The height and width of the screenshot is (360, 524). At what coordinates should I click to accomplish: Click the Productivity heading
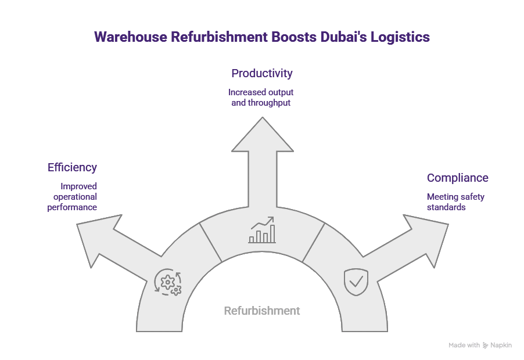click(261, 73)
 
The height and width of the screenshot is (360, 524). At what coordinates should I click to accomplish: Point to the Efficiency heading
click(72, 167)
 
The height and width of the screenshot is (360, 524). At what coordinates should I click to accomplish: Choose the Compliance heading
click(457, 178)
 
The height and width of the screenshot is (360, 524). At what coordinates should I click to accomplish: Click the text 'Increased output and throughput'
click(261, 98)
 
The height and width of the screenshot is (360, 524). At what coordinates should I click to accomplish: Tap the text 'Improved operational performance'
click(73, 197)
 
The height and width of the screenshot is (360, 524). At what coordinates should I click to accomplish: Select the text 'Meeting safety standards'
click(455, 202)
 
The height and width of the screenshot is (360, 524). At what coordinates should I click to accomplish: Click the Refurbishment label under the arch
click(262, 311)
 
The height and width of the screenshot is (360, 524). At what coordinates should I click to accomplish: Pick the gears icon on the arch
click(168, 283)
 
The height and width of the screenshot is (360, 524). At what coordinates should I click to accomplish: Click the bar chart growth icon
click(262, 231)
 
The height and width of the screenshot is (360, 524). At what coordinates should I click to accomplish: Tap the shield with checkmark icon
click(356, 282)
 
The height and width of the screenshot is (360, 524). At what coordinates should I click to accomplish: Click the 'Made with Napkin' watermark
click(480, 345)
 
